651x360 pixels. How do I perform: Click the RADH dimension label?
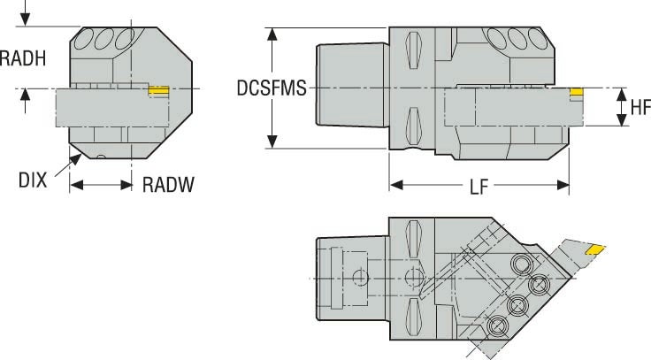23,58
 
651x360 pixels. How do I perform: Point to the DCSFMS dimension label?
271,88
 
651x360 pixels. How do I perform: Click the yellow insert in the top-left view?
158,90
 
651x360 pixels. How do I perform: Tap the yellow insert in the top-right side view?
576,91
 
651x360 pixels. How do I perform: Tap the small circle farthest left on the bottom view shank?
358,277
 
